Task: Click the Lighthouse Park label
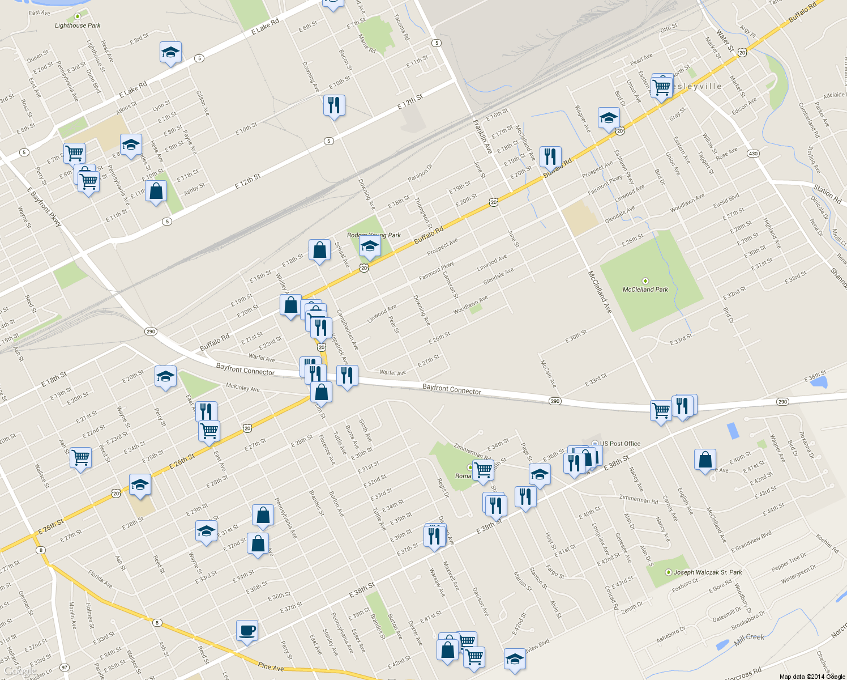tap(78, 25)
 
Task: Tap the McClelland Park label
tap(645, 290)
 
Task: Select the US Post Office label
tap(621, 444)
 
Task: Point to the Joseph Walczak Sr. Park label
tap(708, 572)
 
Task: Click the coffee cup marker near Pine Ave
tap(247, 631)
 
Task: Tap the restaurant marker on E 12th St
tap(334, 105)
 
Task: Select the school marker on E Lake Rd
tap(170, 53)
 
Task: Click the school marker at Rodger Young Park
tap(370, 246)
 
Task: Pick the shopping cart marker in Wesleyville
tap(661, 88)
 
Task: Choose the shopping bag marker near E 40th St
tap(705, 460)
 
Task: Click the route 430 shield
tap(752, 154)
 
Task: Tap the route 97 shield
tap(65, 668)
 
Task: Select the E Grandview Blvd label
tap(751, 542)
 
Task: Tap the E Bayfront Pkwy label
tap(44, 207)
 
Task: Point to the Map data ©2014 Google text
tap(812, 677)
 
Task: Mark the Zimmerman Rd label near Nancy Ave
tap(639, 499)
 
